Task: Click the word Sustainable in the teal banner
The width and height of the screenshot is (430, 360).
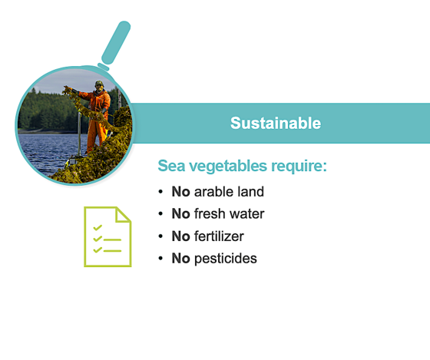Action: click(x=276, y=123)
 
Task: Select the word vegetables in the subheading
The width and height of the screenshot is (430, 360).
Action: click(x=228, y=166)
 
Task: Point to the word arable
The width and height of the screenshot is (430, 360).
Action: click(x=214, y=191)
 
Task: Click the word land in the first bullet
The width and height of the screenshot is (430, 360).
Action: click(x=250, y=191)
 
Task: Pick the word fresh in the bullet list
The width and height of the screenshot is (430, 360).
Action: click(x=210, y=213)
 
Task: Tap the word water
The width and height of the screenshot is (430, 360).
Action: click(x=247, y=214)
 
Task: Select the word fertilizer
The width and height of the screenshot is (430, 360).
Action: click(x=219, y=236)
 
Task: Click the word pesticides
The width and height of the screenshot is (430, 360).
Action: click(x=226, y=259)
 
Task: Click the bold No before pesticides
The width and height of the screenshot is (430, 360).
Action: click(x=180, y=258)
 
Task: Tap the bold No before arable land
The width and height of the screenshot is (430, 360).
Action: click(x=180, y=191)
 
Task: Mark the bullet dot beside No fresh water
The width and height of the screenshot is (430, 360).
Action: click(x=160, y=214)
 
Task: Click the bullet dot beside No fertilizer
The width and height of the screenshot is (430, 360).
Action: click(x=160, y=236)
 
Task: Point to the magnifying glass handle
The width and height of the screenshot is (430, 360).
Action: click(x=116, y=43)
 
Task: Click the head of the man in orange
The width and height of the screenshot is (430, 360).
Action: click(x=99, y=86)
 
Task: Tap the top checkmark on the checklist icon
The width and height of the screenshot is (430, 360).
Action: click(x=98, y=228)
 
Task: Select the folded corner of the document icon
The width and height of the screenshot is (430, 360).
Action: click(x=123, y=214)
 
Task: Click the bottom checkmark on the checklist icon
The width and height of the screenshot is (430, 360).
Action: click(x=98, y=249)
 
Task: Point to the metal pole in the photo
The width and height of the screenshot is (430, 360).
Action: click(x=79, y=134)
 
